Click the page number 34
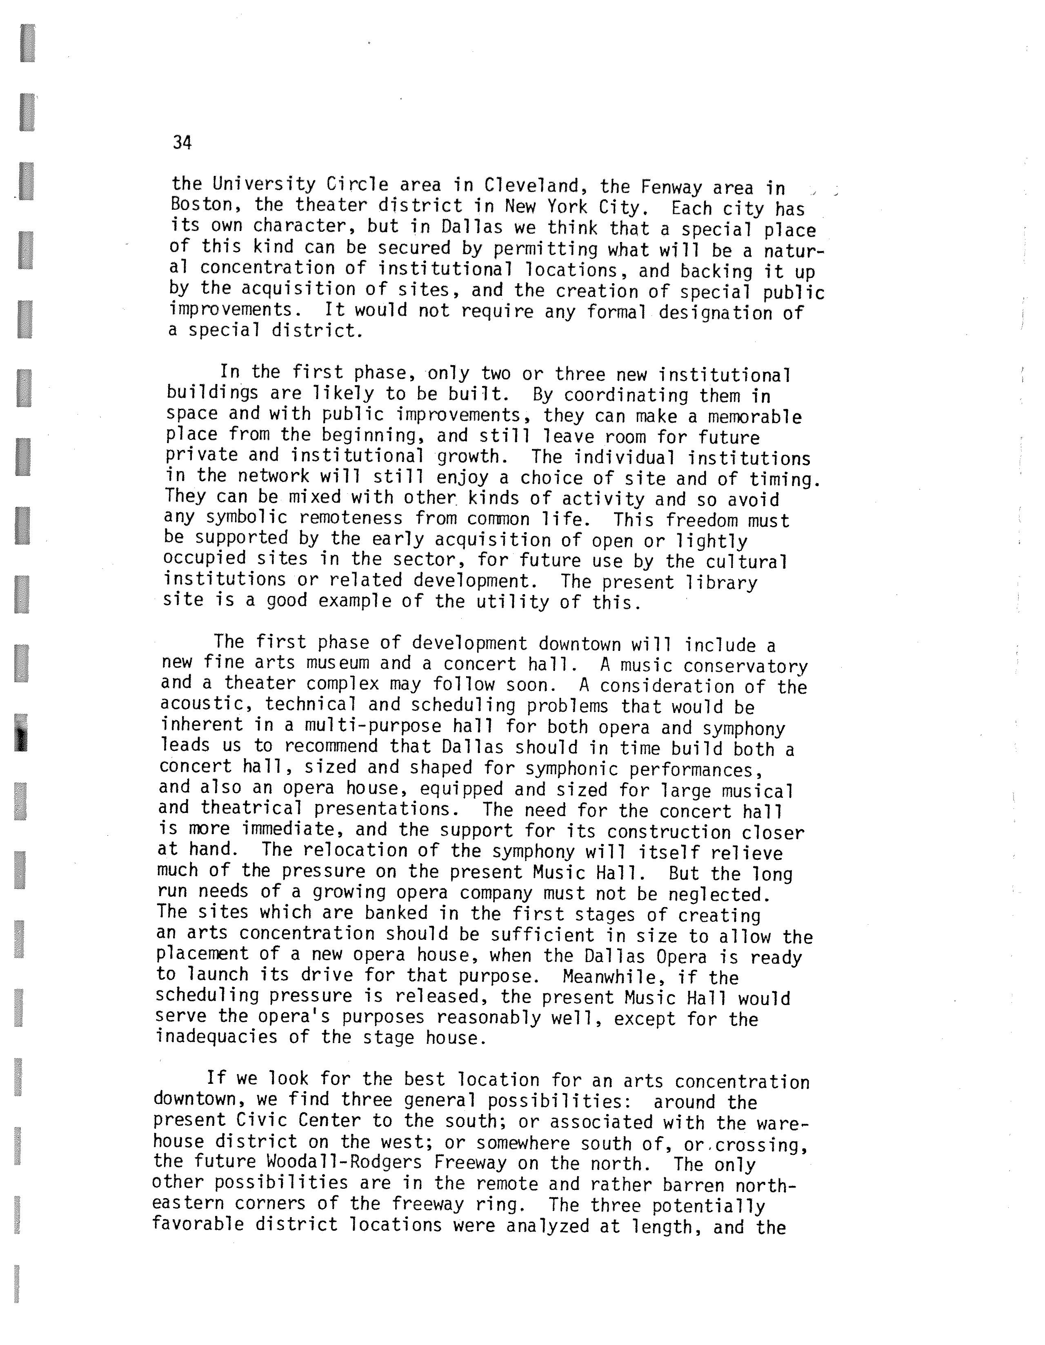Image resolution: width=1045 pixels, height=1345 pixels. (182, 143)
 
